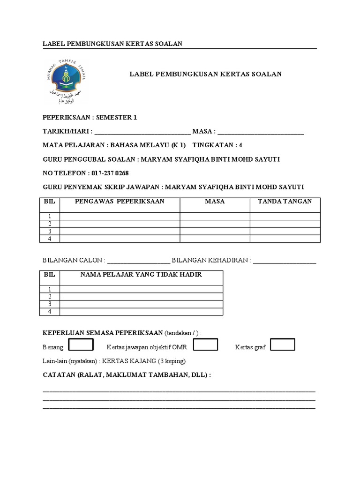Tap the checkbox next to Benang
[81, 345]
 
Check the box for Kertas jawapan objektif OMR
[205, 345]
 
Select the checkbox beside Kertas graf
[283, 345]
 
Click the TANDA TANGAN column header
[285, 201]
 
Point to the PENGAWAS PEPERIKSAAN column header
[120, 201]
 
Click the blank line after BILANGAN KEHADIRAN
[285, 261]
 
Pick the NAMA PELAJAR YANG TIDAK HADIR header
[141, 274]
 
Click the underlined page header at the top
[112, 44]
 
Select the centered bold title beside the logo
[205, 74]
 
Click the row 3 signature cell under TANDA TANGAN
[285, 231]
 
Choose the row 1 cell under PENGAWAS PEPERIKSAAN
[120, 216]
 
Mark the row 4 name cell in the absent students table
[141, 312]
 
